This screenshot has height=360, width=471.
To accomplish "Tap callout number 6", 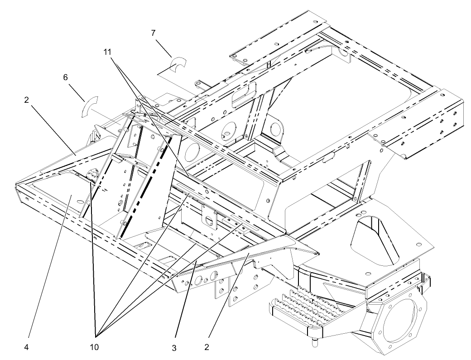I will (66, 78).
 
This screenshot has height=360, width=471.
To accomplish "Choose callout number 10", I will (97, 348).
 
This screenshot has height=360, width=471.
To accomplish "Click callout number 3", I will (174, 348).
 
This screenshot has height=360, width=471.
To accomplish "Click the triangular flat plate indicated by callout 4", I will (63, 197).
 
